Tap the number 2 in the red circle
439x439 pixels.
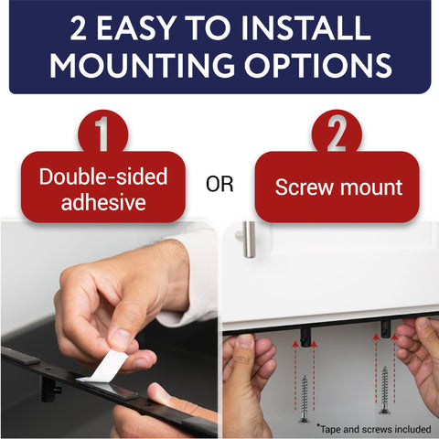[336, 134]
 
